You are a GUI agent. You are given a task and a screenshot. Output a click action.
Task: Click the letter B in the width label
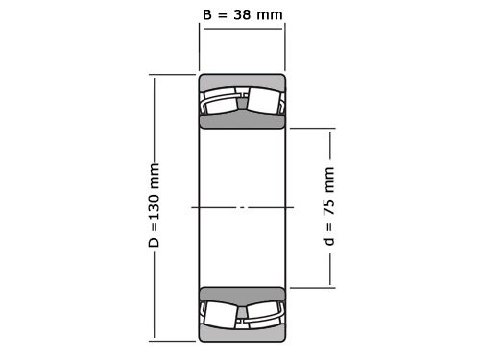click(207, 13)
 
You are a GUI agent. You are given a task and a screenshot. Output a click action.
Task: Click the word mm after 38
click(274, 13)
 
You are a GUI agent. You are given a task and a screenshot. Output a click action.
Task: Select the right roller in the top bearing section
click(264, 102)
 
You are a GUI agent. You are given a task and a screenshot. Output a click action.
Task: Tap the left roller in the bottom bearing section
click(220, 313)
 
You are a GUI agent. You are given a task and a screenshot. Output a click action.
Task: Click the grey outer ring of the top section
click(242, 82)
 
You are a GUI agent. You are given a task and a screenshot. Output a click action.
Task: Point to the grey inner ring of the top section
click(242, 121)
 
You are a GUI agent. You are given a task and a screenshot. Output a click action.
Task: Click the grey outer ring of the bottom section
click(242, 333)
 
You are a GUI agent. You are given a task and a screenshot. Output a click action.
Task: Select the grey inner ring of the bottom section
click(242, 294)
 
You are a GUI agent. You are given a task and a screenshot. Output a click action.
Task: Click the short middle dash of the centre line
click(242, 207)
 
